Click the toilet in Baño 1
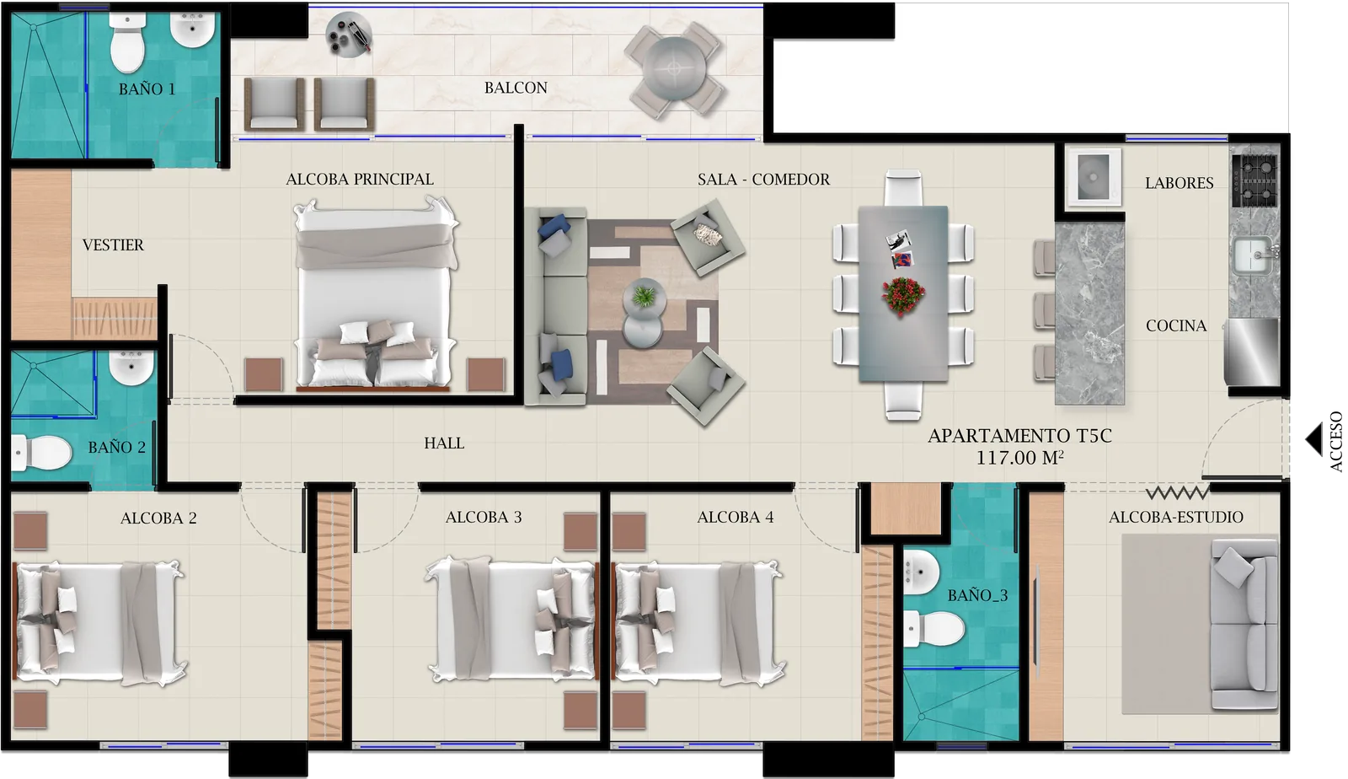[128, 43]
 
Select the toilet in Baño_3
[935, 629]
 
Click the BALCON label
[516, 88]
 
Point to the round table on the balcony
[674, 68]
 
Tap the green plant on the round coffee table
[644, 296]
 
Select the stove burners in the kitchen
[1254, 180]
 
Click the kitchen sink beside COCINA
[1253, 254]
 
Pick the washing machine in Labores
[1094, 177]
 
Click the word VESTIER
[113, 245]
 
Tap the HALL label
[444, 443]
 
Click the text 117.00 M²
[1019, 458]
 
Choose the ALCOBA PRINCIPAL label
[360, 180]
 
